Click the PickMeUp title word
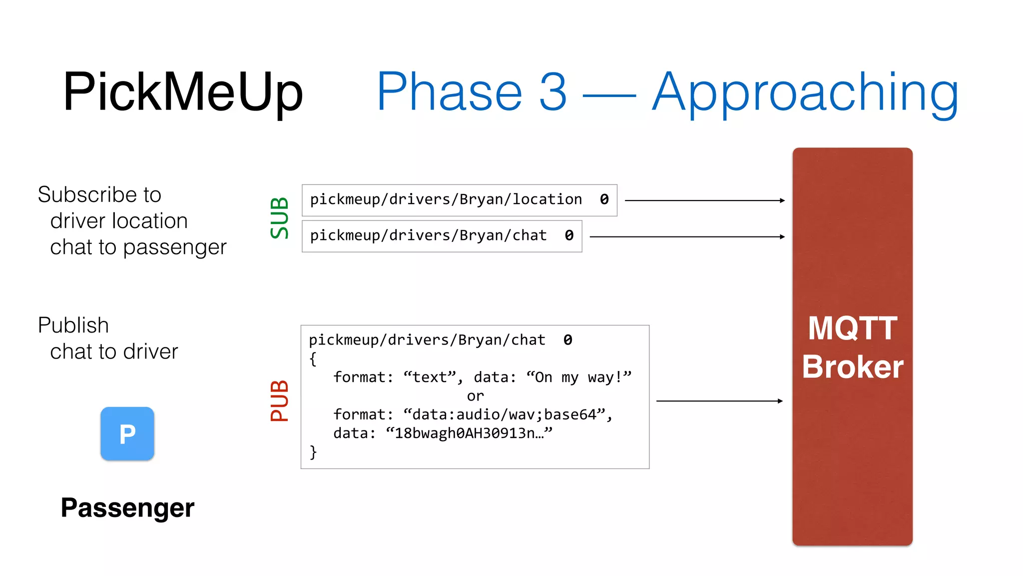click(183, 92)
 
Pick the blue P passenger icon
click(127, 433)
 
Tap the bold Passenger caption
click(127, 508)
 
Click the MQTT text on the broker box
click(852, 328)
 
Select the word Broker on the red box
click(852, 367)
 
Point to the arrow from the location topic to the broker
click(704, 200)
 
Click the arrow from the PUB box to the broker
click(719, 401)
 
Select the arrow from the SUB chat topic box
click(687, 236)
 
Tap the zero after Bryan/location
click(604, 199)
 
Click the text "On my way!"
click(579, 377)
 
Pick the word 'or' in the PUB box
click(475, 396)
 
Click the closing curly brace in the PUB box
click(313, 452)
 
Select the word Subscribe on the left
click(83, 195)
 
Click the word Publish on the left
click(73, 325)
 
